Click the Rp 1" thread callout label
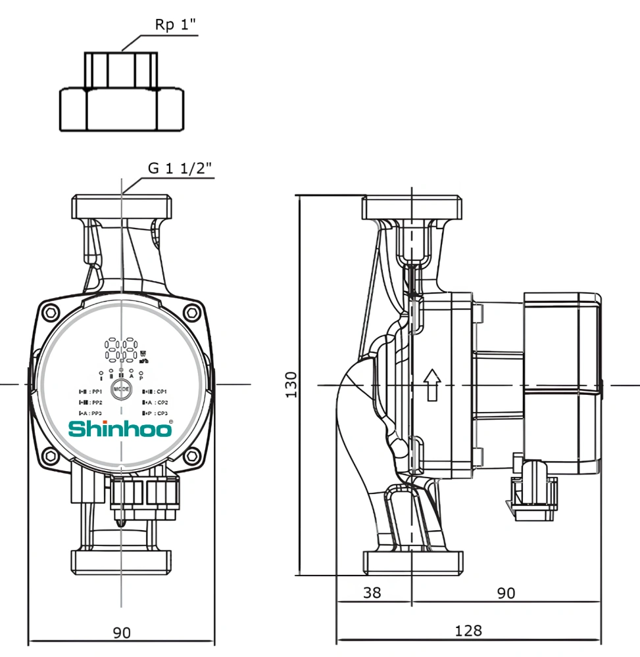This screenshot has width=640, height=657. click(175, 26)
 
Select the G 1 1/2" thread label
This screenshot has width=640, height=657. click(180, 168)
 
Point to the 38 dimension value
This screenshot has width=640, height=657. click(372, 593)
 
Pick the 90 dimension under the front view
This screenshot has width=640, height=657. click(122, 633)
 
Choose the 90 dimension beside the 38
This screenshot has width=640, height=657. click(505, 593)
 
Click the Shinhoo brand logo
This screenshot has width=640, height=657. click(122, 429)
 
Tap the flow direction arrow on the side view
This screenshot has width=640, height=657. click(431, 384)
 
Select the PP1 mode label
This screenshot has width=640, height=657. click(91, 392)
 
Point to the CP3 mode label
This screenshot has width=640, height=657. click(155, 413)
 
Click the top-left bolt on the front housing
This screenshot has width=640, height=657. click(51, 312)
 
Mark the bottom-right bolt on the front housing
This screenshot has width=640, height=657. click(191, 456)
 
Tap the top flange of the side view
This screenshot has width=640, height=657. click(412, 208)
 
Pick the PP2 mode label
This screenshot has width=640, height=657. click(91, 402)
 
